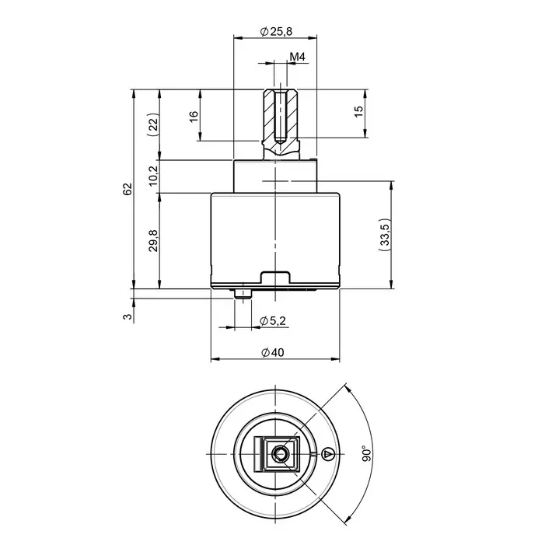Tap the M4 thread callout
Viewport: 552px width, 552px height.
coord(297,58)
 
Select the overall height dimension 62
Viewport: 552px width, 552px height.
coord(128,189)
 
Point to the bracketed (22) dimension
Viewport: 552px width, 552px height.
coord(153,125)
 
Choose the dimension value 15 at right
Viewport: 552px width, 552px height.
coord(358,112)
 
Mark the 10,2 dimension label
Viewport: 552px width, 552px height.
coord(153,176)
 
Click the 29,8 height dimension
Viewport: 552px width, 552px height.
coord(153,241)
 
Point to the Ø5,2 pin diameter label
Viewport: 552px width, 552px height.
coord(273,320)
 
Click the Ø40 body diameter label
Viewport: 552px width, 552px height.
coord(273,352)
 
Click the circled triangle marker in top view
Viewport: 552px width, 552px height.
coord(327,453)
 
